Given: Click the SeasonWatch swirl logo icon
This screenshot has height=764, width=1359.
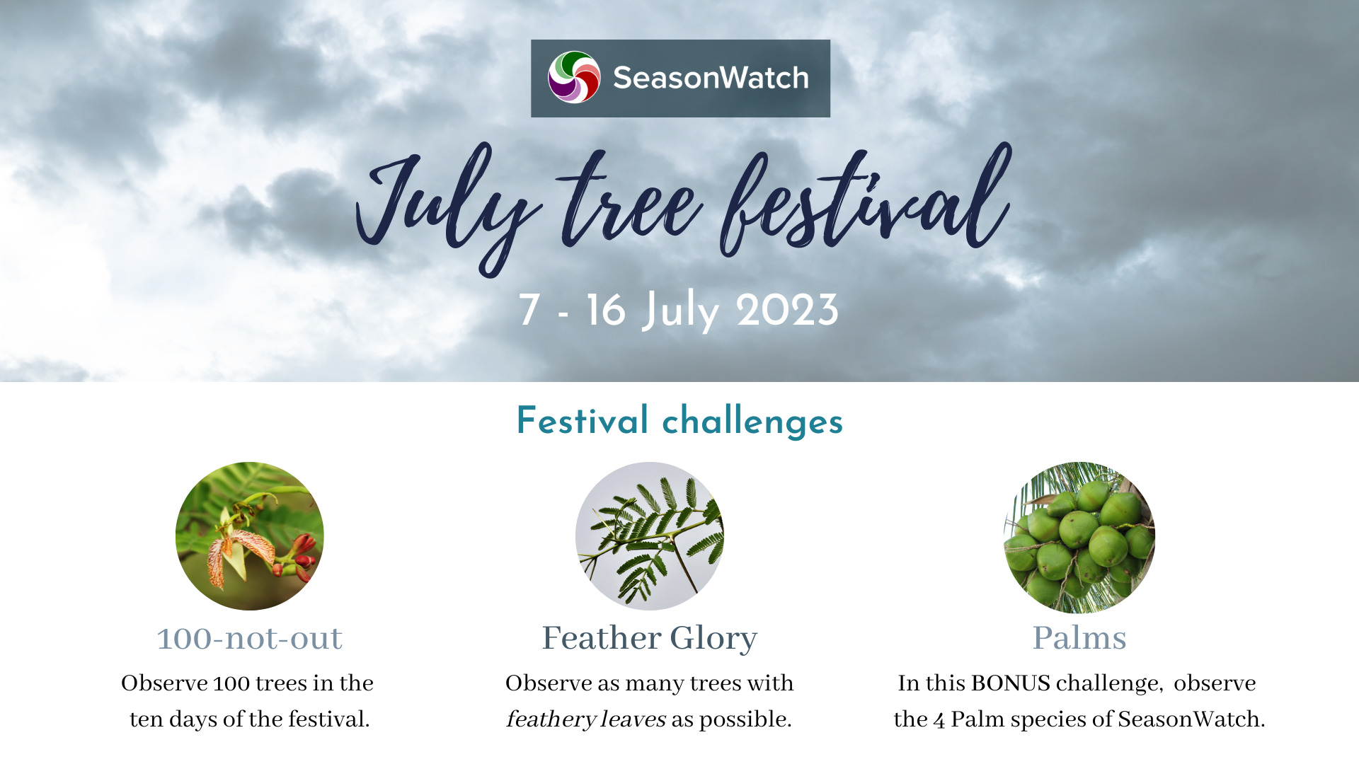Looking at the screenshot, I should coord(574,77).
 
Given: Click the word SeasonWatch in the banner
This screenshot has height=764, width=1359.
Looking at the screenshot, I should coord(711,78).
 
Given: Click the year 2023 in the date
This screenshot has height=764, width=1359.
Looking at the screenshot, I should coord(787,310).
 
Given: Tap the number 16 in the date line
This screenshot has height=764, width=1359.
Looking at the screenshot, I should coord(606,310).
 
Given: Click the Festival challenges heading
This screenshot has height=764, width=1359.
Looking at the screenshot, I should coord(679,421).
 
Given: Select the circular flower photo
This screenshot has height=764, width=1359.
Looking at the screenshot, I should coord(250,536).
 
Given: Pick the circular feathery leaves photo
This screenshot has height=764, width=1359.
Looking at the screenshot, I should coord(650,536).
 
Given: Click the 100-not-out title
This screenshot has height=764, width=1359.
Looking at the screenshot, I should coord(250,638).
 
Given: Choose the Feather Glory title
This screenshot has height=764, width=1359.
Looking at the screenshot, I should coord(650,638).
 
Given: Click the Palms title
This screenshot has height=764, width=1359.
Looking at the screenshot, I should coord(1079,638).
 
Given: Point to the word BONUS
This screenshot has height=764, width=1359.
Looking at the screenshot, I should coord(1011,683).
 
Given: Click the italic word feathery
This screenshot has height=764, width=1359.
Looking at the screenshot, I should coord(551,719).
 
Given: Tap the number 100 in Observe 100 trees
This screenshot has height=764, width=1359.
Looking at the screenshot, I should coord(231,683).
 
